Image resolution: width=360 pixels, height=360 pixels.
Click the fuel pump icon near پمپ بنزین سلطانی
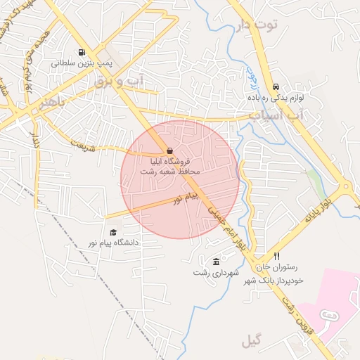click(82, 52)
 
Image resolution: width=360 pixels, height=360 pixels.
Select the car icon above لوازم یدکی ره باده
click(275, 87)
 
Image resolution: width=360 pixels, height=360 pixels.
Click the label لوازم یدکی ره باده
click(276, 98)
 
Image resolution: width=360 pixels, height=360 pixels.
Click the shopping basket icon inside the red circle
click(169, 150)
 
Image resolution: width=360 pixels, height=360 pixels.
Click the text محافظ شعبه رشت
click(170, 171)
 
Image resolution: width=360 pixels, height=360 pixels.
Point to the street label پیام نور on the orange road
click(188, 199)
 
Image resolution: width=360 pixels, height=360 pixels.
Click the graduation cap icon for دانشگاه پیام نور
click(112, 232)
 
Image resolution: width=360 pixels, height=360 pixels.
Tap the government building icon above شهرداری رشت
click(216, 262)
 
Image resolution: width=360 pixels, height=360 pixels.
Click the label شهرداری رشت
click(216, 272)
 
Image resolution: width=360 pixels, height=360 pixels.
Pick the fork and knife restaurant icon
click(276, 257)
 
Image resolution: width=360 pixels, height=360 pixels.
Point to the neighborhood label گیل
click(250, 342)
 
